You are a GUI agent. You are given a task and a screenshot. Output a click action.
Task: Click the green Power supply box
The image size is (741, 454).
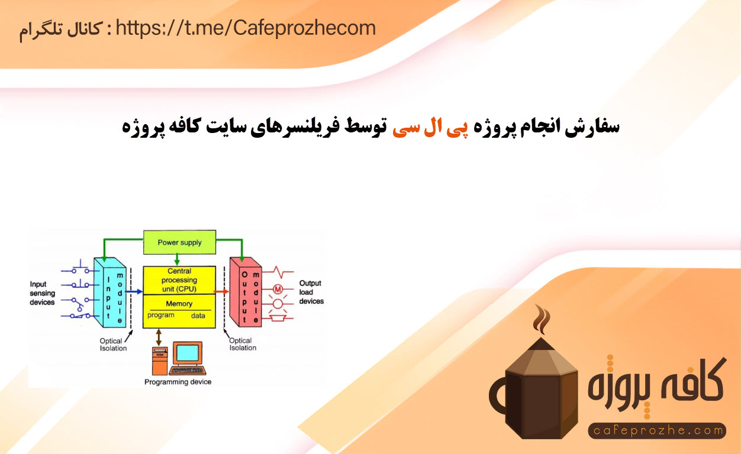[x=179, y=242]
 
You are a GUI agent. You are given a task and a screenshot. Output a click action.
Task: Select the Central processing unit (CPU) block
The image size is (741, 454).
[x=179, y=280]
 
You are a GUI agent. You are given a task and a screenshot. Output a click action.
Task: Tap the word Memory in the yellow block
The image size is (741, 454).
[x=179, y=303]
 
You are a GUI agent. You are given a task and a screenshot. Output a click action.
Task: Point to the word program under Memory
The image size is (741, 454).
[x=161, y=315]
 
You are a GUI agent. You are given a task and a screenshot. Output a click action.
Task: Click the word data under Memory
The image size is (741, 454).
[x=198, y=316]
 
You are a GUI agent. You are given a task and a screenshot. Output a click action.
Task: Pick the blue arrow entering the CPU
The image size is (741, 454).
[x=134, y=291]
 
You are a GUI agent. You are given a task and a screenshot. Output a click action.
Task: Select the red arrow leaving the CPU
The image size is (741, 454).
[x=221, y=291]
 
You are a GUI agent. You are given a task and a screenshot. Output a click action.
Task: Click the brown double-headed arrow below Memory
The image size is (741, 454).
[x=159, y=337]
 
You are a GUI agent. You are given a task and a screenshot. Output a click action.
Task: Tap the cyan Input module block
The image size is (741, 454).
[x=110, y=293]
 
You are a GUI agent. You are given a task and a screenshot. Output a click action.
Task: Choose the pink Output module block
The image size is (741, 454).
[x=246, y=292]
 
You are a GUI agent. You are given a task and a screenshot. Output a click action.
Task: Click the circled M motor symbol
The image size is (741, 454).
[x=278, y=290]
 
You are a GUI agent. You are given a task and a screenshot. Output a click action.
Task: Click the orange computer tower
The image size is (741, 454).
[x=160, y=361]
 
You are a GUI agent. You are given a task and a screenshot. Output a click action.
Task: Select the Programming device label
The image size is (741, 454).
[x=178, y=382]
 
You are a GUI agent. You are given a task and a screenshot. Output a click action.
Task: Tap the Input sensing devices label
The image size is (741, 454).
[x=43, y=293]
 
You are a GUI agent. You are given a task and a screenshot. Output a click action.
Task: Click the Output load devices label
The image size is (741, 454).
[x=311, y=292]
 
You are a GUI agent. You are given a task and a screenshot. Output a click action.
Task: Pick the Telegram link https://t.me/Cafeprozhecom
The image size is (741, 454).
[x=246, y=28]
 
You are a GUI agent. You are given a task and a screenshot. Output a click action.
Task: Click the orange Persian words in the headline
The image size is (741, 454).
[x=430, y=128]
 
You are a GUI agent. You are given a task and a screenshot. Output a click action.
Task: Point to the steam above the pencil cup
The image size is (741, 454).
[x=542, y=319]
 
